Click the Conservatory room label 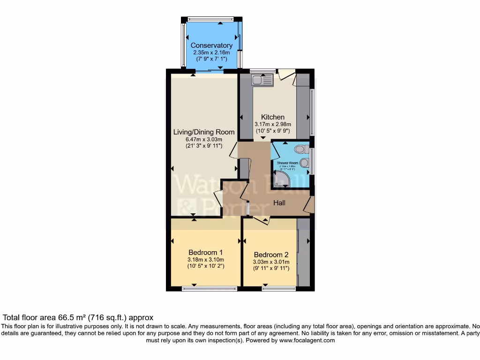pyautogui.click(x=211, y=45)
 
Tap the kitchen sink pyautogui.click(x=262, y=80)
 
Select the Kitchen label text pyautogui.click(x=273, y=117)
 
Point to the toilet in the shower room pyautogui.click(x=300, y=149)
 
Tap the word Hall pyautogui.click(x=280, y=202)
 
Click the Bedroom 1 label pyautogui.click(x=205, y=252)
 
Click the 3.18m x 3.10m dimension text pyautogui.click(x=205, y=260)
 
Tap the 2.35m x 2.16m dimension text pyautogui.click(x=211, y=52)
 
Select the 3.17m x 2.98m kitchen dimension pyautogui.click(x=273, y=124)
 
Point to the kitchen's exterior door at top pyautogui.click(x=286, y=75)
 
